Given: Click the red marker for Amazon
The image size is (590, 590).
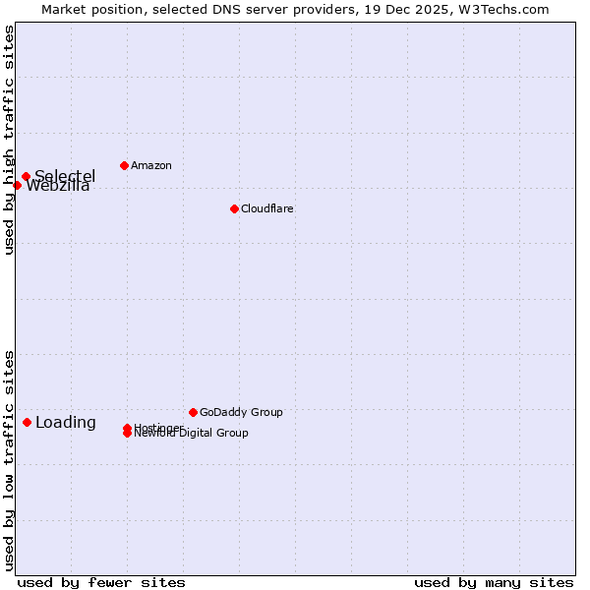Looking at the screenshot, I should coord(124,165).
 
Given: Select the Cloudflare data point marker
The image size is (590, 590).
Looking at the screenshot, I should coord(234,208).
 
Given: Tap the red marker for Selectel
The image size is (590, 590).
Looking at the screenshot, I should coord(27,177).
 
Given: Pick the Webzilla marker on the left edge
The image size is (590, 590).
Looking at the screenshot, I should coord(17,185).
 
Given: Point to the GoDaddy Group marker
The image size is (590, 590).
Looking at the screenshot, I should coord(193,412).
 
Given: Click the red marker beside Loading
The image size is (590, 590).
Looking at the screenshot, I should coord(27,422).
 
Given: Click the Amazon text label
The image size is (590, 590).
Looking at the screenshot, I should coord(150,165).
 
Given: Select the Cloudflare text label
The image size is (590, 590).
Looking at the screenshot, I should coord(266,208).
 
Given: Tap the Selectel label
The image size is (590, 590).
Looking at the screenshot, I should coord(65,176).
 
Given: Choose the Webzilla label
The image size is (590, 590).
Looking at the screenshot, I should coord(58,187).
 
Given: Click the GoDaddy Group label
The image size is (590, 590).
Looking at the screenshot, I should coord(241,412).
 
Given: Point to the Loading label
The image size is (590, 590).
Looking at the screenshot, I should coord(66,423).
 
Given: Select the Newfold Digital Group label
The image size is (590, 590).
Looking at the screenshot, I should coord(192,434).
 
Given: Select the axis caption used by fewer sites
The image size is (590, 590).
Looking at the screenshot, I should coord(101,582).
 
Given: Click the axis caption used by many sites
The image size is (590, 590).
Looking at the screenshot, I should coord(494,582).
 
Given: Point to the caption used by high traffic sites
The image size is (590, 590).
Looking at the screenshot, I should coord(9,140).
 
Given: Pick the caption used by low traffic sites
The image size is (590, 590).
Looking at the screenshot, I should coord(9,459).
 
